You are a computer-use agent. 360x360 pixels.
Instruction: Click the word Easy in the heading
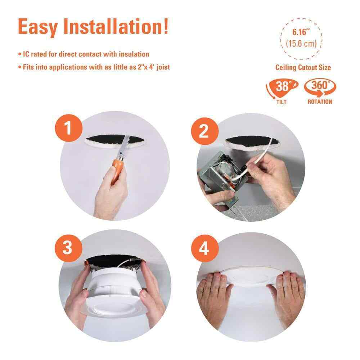(38, 27)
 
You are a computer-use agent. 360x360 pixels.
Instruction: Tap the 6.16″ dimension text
(301, 32)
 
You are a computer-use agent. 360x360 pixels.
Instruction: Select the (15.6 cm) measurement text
(301, 44)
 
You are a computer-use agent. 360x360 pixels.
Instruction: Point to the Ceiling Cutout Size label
(303, 67)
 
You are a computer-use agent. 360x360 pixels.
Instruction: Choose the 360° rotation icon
(320, 87)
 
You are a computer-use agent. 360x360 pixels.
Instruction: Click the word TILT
(282, 102)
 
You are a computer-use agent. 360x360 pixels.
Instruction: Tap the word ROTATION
(320, 102)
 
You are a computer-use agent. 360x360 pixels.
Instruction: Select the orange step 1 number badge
(69, 128)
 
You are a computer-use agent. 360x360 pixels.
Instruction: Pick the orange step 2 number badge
(205, 131)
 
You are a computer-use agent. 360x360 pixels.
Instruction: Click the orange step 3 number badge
(68, 248)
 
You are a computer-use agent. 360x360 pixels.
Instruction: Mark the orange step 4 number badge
(205, 248)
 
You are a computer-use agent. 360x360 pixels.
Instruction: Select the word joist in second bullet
(163, 67)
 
